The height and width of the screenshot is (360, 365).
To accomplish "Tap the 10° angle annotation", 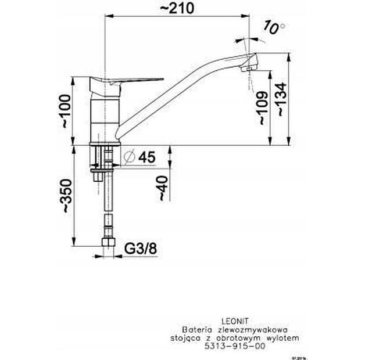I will tap(274, 26).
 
